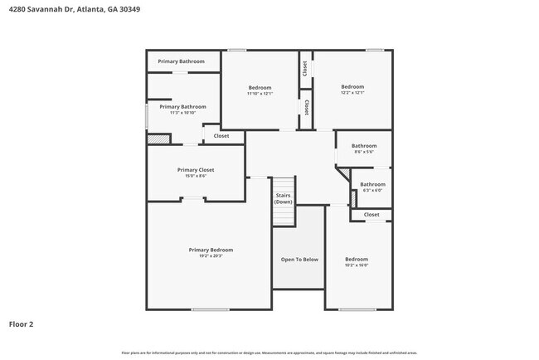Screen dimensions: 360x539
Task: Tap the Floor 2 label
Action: pos(22,324)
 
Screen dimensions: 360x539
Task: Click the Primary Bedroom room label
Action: pos(211,250)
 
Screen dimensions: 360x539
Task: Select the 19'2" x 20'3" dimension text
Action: pos(211,255)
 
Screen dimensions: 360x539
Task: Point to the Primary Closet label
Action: pos(196,170)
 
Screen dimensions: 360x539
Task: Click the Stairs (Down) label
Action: pos(284,199)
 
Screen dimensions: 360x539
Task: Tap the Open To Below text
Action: pos(299,260)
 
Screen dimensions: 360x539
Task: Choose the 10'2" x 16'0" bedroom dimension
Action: pos(357,265)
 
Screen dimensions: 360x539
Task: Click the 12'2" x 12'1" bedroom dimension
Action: pos(352,93)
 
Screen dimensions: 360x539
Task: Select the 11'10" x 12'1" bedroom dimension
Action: pos(260,94)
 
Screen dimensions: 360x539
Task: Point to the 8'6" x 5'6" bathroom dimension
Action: pos(364,152)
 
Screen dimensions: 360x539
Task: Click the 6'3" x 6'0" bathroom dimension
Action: pos(372,190)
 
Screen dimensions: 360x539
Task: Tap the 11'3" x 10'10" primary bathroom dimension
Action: pos(182,113)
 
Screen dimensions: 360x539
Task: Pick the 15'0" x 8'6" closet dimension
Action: pos(196,176)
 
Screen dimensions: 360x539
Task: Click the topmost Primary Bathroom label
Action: pos(181,61)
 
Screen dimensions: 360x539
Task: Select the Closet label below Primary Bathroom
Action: pos(221,136)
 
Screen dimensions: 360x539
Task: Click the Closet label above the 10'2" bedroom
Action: pos(371,215)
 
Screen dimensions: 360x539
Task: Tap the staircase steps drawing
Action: pos(284,214)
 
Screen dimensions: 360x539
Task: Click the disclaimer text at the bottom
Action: pos(269,353)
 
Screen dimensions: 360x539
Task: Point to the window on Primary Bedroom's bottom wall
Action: pos(210,309)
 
